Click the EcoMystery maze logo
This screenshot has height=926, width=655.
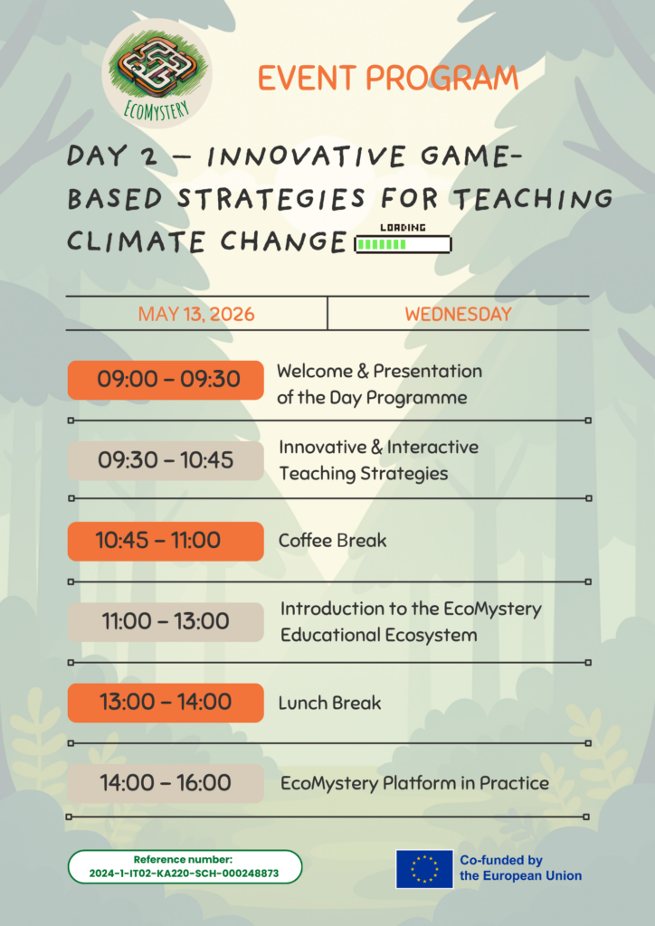157,74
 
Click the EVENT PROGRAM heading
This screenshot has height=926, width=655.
388,79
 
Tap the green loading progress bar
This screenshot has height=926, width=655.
403,244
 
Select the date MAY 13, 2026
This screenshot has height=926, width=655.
196,314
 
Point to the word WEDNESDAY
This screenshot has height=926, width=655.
458,314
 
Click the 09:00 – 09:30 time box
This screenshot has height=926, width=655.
166,380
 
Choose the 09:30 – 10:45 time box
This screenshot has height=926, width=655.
166,460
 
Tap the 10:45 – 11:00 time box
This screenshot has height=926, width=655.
166,541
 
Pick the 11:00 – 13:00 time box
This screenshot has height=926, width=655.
166,622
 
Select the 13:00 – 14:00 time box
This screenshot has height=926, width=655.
166,703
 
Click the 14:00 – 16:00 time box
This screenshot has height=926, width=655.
166,783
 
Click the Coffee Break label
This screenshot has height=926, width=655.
333,541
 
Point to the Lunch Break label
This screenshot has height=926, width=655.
329,703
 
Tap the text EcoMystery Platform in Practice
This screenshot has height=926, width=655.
414,783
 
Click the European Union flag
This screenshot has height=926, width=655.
424,869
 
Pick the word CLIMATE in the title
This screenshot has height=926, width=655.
136,241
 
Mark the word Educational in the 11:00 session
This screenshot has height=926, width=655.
327,635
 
